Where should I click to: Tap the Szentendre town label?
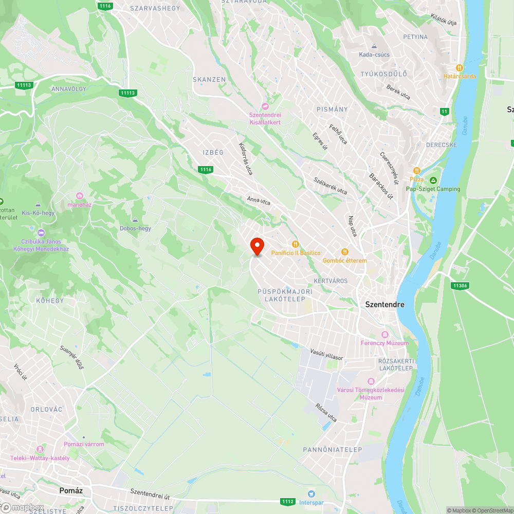click(384, 304)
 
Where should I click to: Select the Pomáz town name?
click(71, 491)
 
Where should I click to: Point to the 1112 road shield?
click(288, 501)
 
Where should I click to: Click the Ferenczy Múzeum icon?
click(385, 335)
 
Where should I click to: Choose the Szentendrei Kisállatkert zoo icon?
click(265, 106)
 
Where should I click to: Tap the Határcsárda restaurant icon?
click(460, 68)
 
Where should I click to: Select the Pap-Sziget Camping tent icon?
click(433, 180)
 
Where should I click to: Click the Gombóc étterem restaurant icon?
click(344, 252)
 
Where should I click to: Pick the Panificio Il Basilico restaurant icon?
click(295, 244)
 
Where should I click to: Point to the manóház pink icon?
click(79, 196)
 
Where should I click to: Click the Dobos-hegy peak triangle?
click(135, 219)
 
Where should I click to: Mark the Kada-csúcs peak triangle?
click(374, 46)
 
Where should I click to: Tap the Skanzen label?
click(209, 80)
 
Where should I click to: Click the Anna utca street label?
click(259, 201)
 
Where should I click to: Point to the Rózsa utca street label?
click(326, 412)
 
